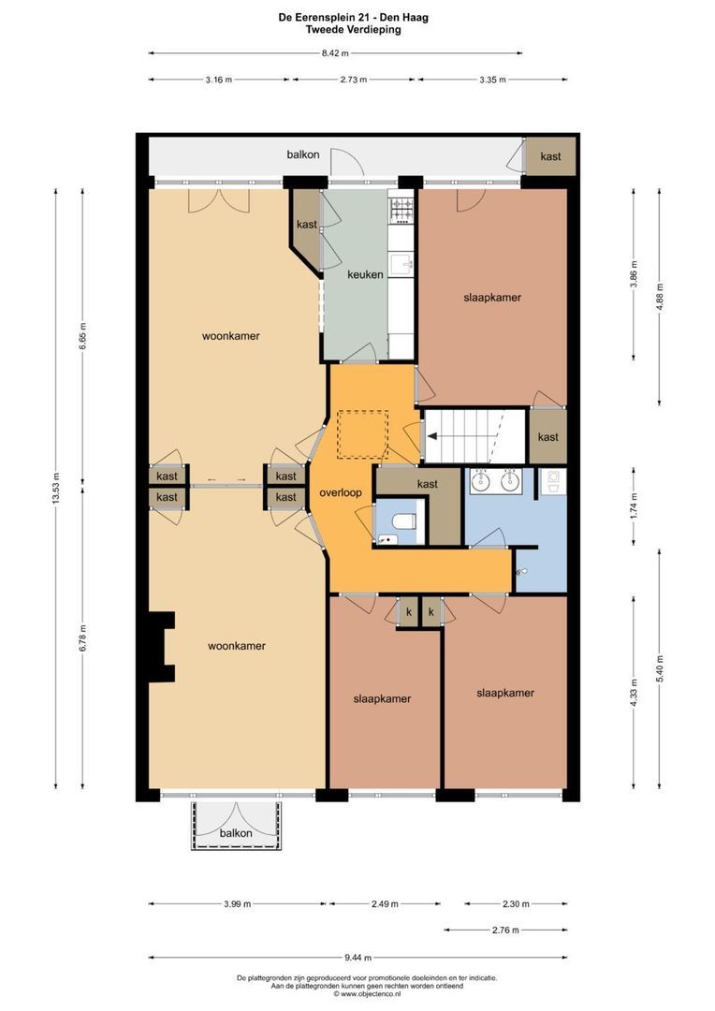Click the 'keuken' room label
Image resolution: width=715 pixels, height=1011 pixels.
(x=365, y=274)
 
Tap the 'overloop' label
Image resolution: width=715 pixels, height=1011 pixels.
(x=341, y=493)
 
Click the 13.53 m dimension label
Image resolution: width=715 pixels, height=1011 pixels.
(x=56, y=488)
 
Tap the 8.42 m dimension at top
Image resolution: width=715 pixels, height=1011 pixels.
(x=335, y=53)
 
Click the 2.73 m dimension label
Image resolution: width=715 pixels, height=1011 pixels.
(x=354, y=80)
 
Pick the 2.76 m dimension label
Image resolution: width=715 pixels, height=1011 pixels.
(x=505, y=930)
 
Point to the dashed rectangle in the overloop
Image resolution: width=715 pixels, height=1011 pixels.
(x=363, y=435)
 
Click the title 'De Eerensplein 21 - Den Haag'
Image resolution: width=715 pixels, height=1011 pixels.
(x=354, y=18)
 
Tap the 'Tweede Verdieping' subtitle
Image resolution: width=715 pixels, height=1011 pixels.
(x=354, y=30)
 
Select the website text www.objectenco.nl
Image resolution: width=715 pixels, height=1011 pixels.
(x=371, y=993)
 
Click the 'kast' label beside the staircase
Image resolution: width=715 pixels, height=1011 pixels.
(x=548, y=437)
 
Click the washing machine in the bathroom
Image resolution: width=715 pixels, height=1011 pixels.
(x=552, y=481)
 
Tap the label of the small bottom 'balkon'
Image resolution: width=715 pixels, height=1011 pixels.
(x=236, y=833)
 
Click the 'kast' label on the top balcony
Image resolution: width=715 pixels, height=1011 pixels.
(x=550, y=156)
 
